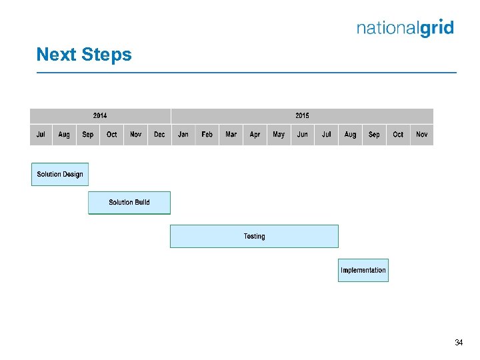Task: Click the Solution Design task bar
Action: click(x=60, y=174)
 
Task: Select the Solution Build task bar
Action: click(x=129, y=203)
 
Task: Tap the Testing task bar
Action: click(x=254, y=236)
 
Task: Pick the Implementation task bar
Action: click(x=363, y=270)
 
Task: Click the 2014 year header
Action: click(x=100, y=116)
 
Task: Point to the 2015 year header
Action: click(x=302, y=116)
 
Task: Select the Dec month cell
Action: click(x=159, y=135)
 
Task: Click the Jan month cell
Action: click(x=183, y=135)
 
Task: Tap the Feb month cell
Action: click(x=207, y=135)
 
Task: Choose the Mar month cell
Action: click(x=231, y=135)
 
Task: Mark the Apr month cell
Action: click(x=255, y=135)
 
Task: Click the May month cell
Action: click(x=279, y=135)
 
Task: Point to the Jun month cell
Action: click(x=303, y=135)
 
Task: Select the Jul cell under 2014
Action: click(x=41, y=135)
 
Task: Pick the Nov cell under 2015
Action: click(x=422, y=135)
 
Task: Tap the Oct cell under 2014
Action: click(x=112, y=135)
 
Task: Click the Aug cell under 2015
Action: click(x=350, y=135)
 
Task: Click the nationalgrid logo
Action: click(x=405, y=28)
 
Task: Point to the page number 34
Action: click(x=459, y=343)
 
